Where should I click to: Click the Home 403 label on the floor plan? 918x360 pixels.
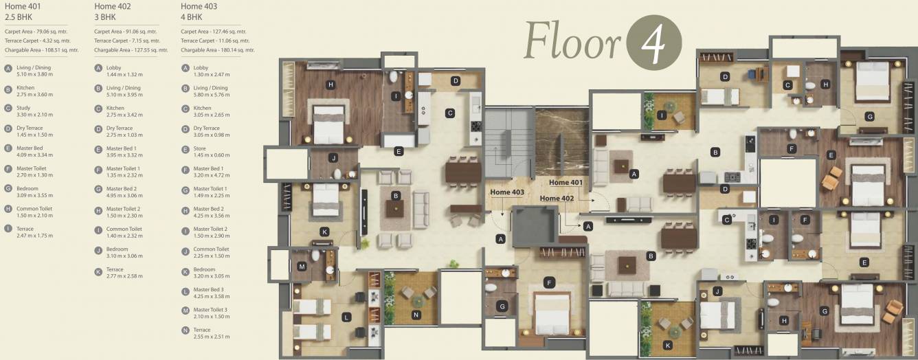coord(506,192)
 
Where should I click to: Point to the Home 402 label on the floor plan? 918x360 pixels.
coord(557,199)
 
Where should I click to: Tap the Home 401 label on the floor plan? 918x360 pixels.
coord(566,183)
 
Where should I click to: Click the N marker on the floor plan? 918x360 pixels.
coord(416,315)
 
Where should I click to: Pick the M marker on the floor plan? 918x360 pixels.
coord(302,267)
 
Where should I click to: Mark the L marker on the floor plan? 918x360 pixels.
coord(346,317)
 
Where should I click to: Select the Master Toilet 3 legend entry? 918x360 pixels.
coord(210,313)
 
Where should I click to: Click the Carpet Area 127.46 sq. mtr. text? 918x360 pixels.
coord(213,32)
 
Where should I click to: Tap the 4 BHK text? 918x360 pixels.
coord(192,17)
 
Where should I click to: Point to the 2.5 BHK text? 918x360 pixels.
coord(18,17)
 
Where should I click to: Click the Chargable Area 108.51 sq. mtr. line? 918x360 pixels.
coord(41,50)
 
